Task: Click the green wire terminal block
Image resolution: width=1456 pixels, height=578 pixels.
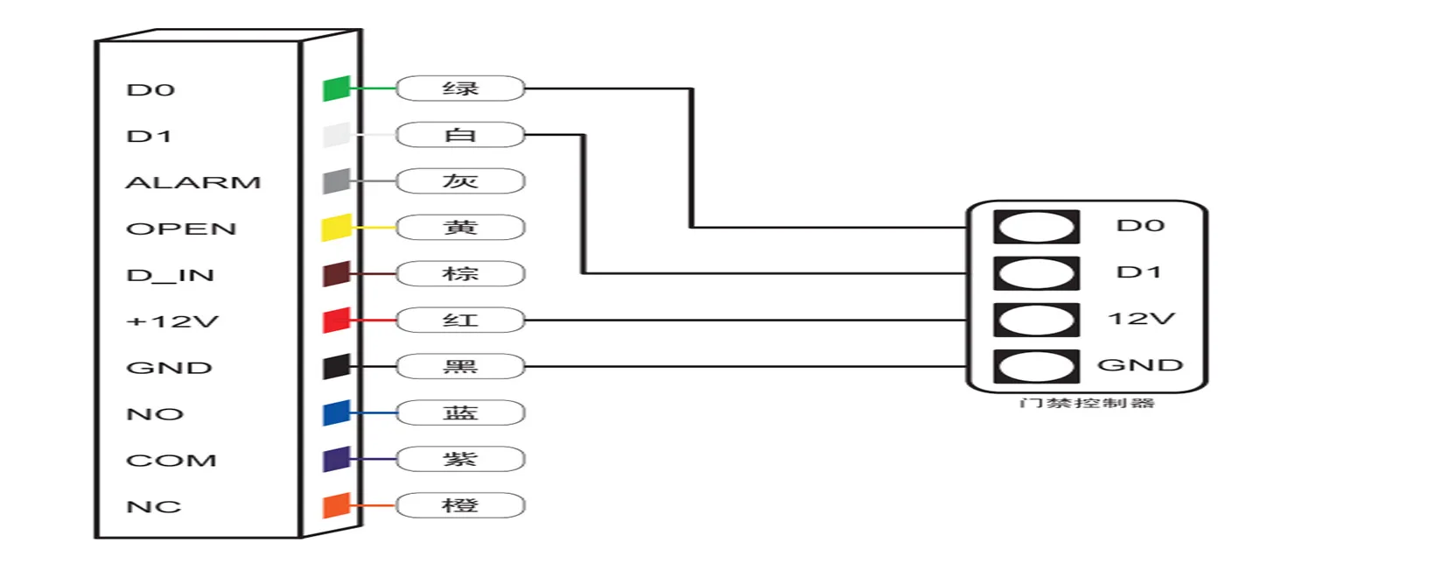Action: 336,88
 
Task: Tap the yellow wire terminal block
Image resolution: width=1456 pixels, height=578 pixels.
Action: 336,228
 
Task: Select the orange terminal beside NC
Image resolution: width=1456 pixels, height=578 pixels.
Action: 336,505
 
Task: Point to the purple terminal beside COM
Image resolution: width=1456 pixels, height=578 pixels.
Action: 336,459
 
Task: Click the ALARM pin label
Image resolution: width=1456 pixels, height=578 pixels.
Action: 193,182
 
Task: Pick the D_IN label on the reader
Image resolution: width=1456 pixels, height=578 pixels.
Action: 170,275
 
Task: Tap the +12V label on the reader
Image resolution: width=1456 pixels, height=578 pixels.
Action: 172,321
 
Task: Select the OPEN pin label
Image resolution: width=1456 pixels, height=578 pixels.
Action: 181,229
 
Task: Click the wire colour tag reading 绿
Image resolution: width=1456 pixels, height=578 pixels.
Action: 460,88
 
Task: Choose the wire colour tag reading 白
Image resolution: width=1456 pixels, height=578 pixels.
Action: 460,135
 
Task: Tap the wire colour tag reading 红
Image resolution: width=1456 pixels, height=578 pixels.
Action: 460,321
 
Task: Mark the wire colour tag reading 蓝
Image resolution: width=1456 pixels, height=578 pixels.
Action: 460,412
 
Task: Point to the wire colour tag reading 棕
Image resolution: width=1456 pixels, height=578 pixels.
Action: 460,274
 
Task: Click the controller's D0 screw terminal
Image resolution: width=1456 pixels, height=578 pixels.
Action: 1036,227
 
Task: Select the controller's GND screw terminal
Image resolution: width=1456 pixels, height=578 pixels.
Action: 1036,366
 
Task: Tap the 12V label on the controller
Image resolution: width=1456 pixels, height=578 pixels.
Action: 1141,319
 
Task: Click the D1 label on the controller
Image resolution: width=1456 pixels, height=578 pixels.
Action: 1139,272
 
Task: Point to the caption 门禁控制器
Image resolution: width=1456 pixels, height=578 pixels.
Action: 1087,403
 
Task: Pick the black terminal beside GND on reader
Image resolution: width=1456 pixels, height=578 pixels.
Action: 336,367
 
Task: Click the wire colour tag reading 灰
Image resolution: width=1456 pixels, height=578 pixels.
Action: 460,181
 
